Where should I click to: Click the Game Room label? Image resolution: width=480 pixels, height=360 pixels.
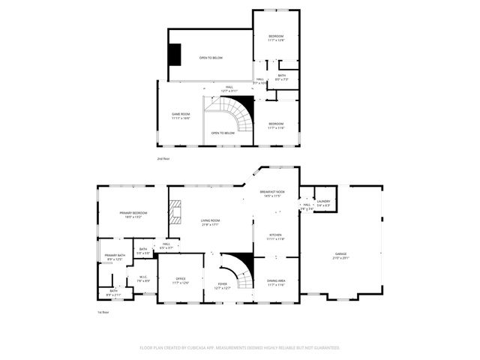point(181,115)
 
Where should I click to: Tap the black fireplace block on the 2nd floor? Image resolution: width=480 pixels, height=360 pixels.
point(175,54)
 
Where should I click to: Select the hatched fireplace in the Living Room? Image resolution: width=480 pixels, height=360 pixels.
point(175,216)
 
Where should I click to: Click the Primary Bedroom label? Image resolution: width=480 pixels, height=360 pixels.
point(133,214)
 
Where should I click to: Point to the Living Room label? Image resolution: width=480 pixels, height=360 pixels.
point(210,221)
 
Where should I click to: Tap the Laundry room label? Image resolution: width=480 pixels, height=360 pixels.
point(323,201)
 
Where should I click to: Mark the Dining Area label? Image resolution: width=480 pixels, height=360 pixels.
point(276,282)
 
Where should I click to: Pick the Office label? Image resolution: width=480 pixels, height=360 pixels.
point(181,279)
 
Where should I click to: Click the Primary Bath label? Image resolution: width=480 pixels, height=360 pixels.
point(115,256)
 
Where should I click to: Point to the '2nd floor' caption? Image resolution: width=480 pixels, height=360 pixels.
point(163,159)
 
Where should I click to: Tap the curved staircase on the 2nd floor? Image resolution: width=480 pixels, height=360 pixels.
point(241,114)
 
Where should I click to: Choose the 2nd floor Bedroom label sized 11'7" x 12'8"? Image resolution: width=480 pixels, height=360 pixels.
point(276,37)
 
